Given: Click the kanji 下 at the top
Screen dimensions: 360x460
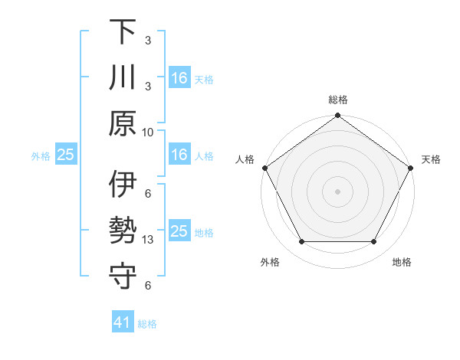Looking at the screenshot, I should tap(123, 32).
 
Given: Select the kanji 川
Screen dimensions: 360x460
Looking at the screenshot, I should tap(123, 78).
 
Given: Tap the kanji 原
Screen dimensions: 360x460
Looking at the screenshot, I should tap(123, 123).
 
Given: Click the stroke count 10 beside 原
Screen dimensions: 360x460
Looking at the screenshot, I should tap(148, 132).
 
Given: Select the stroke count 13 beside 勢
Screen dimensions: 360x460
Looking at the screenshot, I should tap(148, 240).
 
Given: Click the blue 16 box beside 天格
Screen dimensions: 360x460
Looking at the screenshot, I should tap(179, 78).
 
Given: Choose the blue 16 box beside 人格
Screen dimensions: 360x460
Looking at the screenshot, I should tap(179, 155).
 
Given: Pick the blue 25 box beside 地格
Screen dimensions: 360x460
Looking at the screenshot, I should tap(179, 231).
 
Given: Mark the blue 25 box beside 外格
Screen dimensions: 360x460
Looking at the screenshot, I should tap(65, 155).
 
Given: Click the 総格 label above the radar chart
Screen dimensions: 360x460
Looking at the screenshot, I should tap(337, 100).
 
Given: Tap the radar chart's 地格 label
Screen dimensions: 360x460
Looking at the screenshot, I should tap(402, 262).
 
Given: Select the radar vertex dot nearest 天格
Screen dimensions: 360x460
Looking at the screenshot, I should tap(412, 168).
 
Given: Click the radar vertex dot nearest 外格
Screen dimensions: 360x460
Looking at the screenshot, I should tap(301, 242).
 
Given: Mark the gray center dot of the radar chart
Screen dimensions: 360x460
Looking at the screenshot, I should tap(337, 191).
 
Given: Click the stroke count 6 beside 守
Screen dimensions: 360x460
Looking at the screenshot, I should tap(148, 286).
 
